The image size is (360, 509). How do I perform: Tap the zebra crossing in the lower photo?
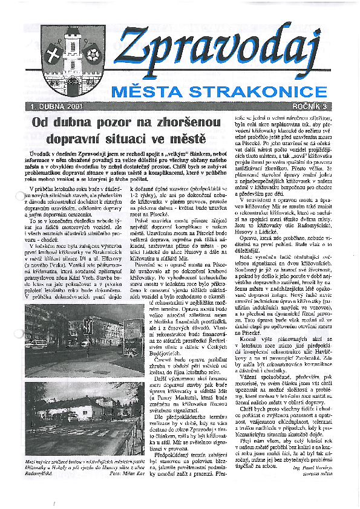91,433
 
